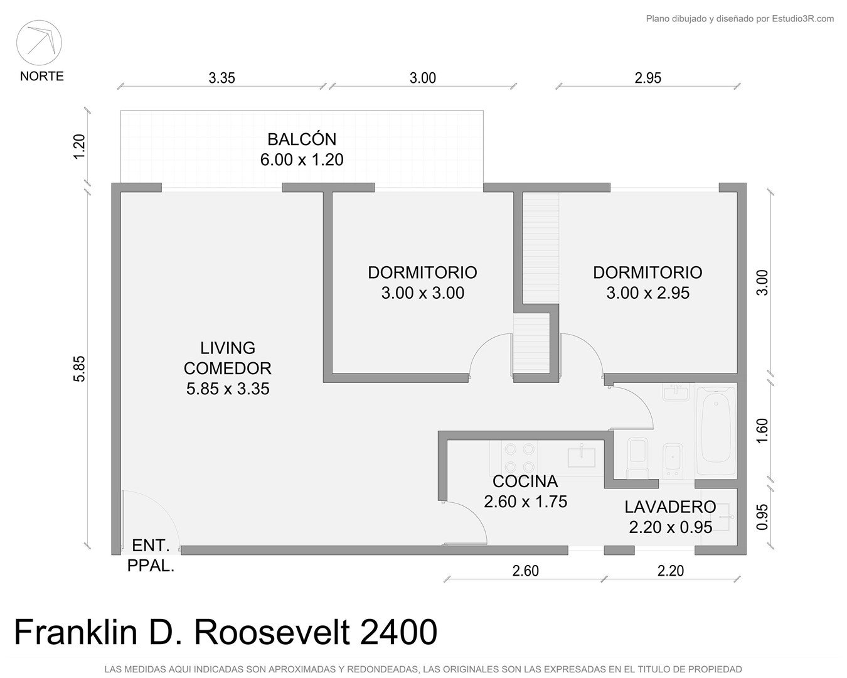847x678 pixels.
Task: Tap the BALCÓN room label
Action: point(302,149)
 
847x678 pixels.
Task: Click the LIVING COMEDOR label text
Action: point(228,368)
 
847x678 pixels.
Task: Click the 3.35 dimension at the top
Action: point(221,78)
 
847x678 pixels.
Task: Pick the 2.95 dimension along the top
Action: point(647,78)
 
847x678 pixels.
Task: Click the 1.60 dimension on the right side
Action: point(762,431)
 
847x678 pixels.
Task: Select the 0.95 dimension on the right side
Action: point(762,517)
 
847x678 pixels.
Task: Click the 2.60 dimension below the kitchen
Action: point(525,571)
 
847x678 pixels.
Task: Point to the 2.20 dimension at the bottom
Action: point(670,571)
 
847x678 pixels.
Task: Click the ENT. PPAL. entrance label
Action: point(151,556)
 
